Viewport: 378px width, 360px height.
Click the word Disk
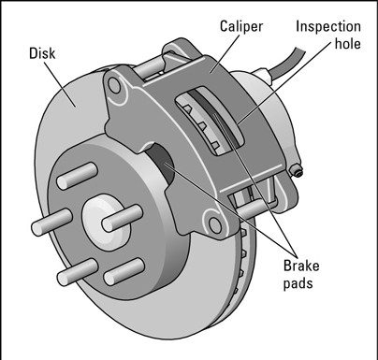click(x=42, y=53)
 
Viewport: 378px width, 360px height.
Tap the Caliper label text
click(x=241, y=26)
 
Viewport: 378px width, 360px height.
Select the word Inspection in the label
click(x=328, y=27)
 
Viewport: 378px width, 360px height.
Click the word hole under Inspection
click(x=348, y=43)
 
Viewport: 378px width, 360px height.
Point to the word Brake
click(x=301, y=266)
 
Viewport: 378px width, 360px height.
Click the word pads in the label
click(x=298, y=284)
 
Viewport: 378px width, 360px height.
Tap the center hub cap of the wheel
click(x=106, y=222)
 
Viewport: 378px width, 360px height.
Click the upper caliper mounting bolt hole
click(x=114, y=85)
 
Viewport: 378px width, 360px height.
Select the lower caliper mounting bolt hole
click(x=215, y=225)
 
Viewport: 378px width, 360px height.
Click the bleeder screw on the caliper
click(x=296, y=171)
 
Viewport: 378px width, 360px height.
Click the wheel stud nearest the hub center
click(x=123, y=219)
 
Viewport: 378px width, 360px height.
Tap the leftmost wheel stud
click(x=51, y=223)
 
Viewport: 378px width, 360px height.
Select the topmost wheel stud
click(x=78, y=176)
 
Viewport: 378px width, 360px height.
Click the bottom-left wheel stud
click(x=78, y=272)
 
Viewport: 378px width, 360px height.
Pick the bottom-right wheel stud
click(x=124, y=271)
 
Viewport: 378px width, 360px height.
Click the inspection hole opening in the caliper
click(x=209, y=122)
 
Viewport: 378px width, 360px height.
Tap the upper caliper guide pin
click(x=150, y=67)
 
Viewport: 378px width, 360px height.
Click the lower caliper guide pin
click(x=253, y=209)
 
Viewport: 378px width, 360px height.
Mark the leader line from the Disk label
click(x=60, y=84)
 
